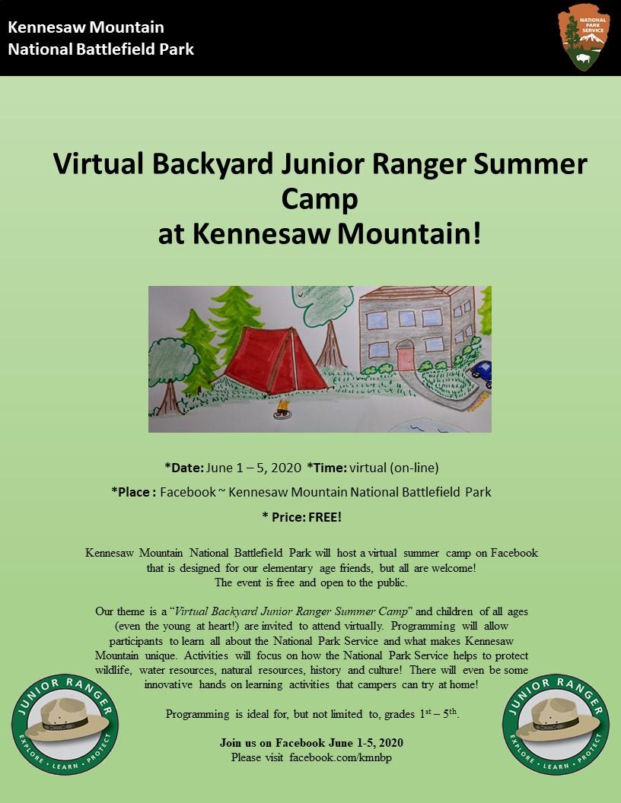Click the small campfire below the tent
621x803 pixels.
tap(282, 410)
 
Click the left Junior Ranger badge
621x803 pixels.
tap(65, 724)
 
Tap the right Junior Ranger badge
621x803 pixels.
tap(556, 724)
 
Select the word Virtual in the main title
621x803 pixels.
tap(98, 164)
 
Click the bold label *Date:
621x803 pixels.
tap(184, 468)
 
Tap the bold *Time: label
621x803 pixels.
tap(327, 468)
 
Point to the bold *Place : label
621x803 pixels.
tap(133, 492)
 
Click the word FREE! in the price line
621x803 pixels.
tap(325, 517)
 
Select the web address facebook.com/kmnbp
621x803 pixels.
tap(341, 757)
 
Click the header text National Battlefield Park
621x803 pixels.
tap(101, 49)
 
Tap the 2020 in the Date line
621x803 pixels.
tap(286, 468)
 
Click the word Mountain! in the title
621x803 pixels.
tap(409, 233)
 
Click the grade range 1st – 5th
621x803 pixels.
tap(438, 713)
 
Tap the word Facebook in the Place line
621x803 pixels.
tap(187, 492)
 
